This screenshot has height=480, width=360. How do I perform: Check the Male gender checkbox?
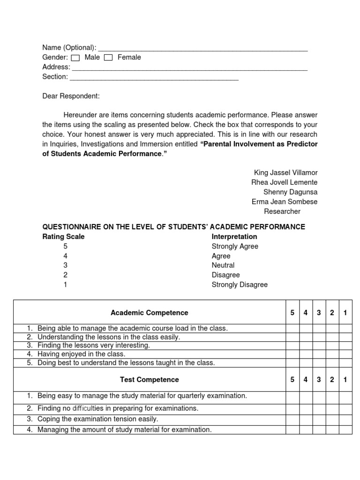(x=75, y=58)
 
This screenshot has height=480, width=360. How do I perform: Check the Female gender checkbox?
(x=108, y=58)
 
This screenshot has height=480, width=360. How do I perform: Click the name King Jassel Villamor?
(x=285, y=172)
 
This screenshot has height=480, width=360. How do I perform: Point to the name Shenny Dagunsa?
(x=291, y=192)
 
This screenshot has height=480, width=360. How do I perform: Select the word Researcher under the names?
(x=282, y=211)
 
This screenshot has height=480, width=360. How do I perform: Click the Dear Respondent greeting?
(x=71, y=96)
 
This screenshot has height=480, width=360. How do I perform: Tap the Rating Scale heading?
(x=63, y=237)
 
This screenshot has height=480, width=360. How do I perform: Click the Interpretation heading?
(x=234, y=237)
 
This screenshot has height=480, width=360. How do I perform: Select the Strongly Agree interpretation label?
(x=235, y=247)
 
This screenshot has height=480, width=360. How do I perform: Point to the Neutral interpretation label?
(x=223, y=265)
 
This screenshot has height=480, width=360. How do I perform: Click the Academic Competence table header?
(x=149, y=313)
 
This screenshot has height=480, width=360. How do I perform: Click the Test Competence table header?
(x=149, y=380)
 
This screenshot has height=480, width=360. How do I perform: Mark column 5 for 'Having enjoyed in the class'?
(x=292, y=354)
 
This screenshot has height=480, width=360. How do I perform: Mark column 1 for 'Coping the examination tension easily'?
(x=345, y=419)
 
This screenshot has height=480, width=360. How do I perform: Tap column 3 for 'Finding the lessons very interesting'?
(x=319, y=345)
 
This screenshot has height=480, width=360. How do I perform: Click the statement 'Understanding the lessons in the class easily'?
(x=109, y=337)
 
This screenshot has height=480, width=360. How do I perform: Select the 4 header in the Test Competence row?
(x=306, y=380)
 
